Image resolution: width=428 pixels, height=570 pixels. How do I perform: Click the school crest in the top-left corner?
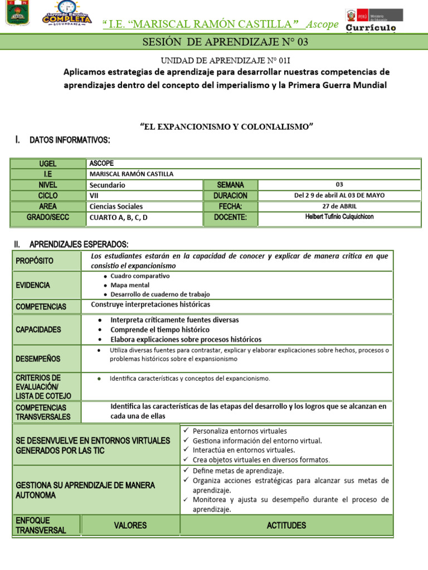(18, 13)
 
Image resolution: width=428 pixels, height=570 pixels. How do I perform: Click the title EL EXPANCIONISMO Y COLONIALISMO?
(226, 127)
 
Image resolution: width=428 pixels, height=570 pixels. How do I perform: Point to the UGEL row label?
(48, 164)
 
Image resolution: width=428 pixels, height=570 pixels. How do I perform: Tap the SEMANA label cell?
(230, 185)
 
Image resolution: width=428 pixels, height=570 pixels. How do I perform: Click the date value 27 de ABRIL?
(339, 206)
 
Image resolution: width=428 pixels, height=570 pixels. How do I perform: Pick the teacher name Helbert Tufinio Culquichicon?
(339, 217)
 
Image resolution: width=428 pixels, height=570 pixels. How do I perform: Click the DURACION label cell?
(230, 195)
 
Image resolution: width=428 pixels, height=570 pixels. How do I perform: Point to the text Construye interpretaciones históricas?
(150, 304)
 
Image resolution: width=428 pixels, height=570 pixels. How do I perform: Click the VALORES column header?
(130, 525)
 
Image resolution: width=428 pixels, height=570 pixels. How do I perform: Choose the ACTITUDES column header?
(286, 525)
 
